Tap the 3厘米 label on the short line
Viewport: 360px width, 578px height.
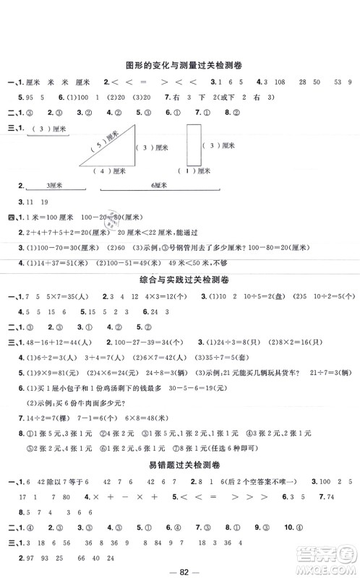pos(53,185)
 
